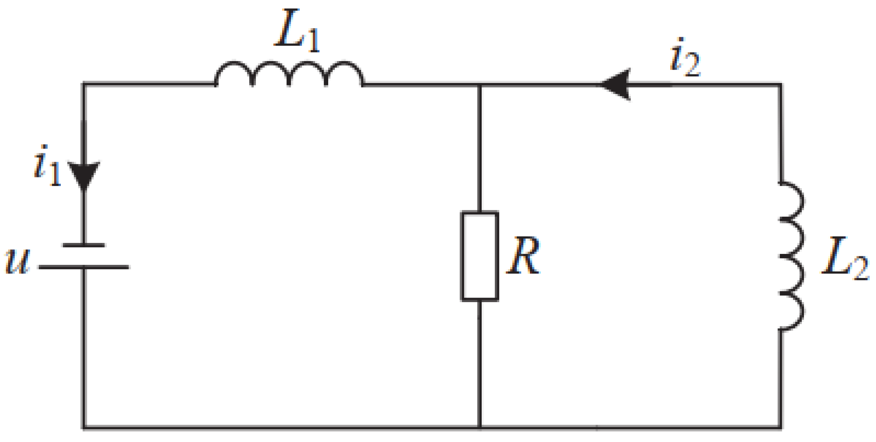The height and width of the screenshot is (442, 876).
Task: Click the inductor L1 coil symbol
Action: pyautogui.click(x=289, y=74)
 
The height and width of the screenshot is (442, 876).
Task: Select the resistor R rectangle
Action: pyautogui.click(x=480, y=256)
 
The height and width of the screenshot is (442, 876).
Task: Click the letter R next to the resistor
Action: pyautogui.click(x=523, y=256)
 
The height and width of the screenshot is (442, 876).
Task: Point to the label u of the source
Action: pyautogui.click(x=17, y=261)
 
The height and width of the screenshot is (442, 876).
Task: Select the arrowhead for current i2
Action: pyautogui.click(x=617, y=84)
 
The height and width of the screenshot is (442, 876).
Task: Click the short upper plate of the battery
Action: pyautogui.click(x=84, y=245)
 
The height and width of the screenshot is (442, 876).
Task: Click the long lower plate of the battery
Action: pyautogui.click(x=84, y=267)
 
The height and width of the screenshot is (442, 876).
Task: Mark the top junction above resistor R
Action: pyautogui.click(x=480, y=84)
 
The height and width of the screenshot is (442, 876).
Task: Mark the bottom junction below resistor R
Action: pyautogui.click(x=480, y=428)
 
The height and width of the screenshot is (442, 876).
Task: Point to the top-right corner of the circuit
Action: pyautogui.click(x=781, y=84)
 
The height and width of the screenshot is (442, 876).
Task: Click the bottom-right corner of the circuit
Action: pyautogui.click(x=781, y=428)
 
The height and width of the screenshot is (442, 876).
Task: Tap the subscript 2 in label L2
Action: pyautogui.click(x=861, y=268)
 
